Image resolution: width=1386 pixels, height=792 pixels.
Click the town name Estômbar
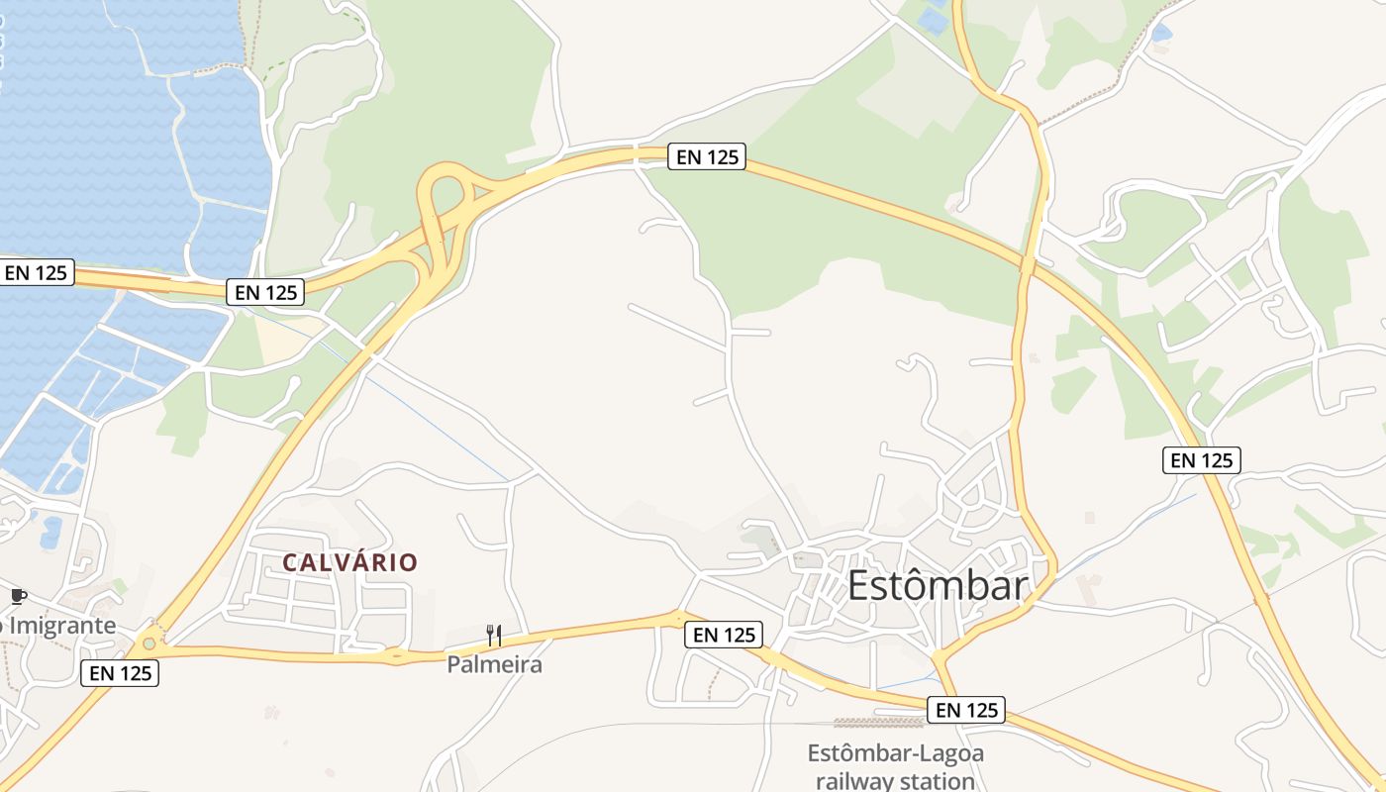coord(938,585)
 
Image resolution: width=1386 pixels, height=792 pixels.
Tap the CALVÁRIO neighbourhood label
coord(350,562)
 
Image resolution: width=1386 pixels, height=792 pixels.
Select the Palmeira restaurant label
coord(494,664)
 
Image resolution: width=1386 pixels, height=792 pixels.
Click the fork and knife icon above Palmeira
coord(494,635)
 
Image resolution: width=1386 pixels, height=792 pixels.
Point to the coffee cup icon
coord(18,596)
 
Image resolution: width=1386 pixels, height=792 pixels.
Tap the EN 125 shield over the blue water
coord(37,272)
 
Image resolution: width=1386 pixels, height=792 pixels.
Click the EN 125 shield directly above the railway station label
coord(966,710)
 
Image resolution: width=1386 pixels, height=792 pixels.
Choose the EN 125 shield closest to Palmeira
coord(724,635)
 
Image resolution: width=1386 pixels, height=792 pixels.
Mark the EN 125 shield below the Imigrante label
coord(120,673)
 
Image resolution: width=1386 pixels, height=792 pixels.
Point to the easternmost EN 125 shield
coord(1201,459)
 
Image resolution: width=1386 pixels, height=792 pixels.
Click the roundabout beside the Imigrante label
coord(148,643)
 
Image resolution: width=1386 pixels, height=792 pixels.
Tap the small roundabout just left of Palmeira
coord(396,654)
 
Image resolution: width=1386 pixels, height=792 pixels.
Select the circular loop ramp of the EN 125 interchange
coord(443,188)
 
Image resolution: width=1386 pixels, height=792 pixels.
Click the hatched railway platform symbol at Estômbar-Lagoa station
coord(864,723)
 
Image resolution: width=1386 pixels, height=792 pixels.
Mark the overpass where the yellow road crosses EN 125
coord(1028,264)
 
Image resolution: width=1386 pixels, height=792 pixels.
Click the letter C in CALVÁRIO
coord(290,562)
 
